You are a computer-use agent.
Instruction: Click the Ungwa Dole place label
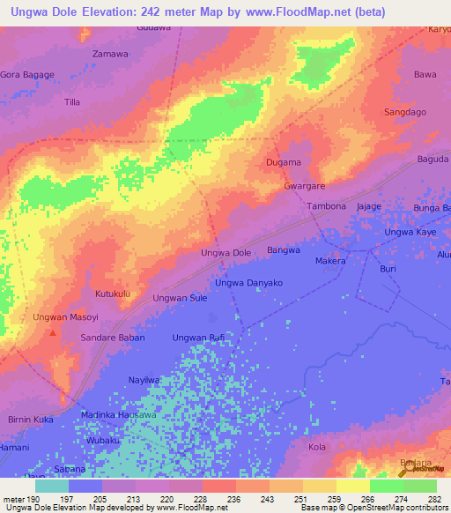(x=226, y=253)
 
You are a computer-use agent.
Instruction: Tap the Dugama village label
(x=284, y=162)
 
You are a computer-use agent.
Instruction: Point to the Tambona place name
(x=327, y=206)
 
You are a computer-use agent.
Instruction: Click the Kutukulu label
(x=113, y=293)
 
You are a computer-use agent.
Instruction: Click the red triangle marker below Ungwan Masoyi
(x=53, y=332)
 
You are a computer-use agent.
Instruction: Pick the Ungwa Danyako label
(x=248, y=282)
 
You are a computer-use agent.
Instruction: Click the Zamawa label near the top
(x=111, y=54)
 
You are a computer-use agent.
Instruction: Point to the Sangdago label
(x=405, y=112)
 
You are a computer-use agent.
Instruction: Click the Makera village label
(x=330, y=262)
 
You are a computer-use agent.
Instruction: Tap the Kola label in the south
(x=317, y=448)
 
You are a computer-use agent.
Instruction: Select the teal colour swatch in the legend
(x=51, y=486)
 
